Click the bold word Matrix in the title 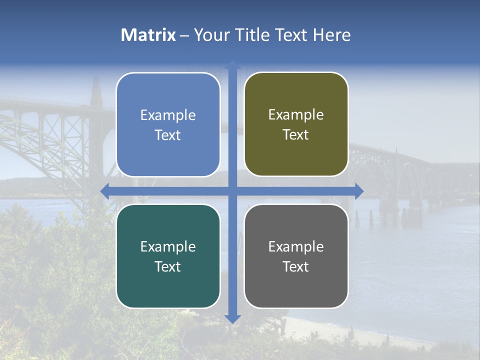[148, 35]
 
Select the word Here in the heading [331, 35]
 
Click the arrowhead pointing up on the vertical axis [232, 64]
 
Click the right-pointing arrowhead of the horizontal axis [359, 191]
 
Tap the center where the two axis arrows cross [232, 191]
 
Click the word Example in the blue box [168, 115]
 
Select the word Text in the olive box [296, 135]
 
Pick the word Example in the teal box [168, 247]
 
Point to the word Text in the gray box [296, 266]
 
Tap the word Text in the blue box [168, 135]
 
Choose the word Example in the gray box [296, 247]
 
